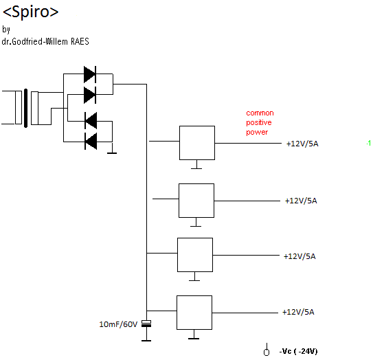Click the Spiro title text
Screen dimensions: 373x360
(x=30, y=12)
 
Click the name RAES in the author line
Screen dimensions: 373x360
(x=80, y=42)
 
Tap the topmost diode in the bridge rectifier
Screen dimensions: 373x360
(x=90, y=74)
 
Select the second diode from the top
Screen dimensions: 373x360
(x=90, y=95)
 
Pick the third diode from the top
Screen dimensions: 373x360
(x=91, y=121)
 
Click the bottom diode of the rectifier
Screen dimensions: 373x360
(x=91, y=142)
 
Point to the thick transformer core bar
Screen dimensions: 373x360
(x=25, y=109)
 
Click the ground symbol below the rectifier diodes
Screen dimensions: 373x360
(x=112, y=153)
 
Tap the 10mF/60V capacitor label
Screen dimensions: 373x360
(x=118, y=324)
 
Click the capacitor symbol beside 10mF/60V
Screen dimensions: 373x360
(x=146, y=324)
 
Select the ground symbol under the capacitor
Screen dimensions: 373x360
(x=146, y=340)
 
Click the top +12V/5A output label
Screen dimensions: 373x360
(x=302, y=144)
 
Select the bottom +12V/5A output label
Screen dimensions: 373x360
(x=298, y=312)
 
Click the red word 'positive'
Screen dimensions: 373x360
(x=259, y=123)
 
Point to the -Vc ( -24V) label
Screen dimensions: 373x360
(x=298, y=351)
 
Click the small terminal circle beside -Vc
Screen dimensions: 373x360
(x=267, y=352)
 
